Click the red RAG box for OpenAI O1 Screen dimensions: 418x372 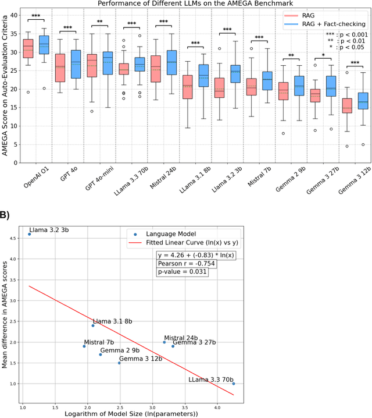tap(28, 49)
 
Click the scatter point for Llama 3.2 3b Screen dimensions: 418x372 tap(29, 234)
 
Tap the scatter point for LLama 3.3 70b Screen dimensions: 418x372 tap(234, 384)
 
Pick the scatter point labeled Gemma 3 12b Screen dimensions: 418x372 tap(119, 363)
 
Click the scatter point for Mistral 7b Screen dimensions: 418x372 tap(84, 346)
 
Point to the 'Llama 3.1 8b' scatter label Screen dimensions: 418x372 tap(112, 321)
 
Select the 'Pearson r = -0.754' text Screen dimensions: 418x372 tap(183, 263)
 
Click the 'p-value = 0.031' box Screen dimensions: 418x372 tap(182, 271)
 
